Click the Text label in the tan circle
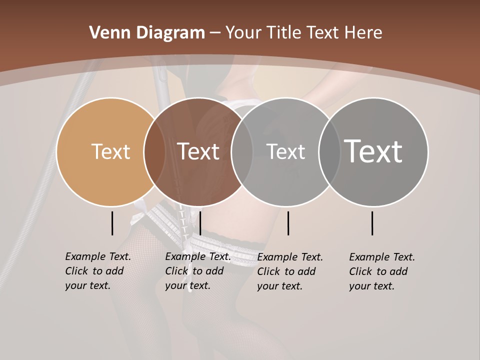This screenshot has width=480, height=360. tap(110, 151)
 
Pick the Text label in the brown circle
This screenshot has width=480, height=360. tap(198, 151)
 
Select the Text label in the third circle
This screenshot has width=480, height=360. tap(285, 151)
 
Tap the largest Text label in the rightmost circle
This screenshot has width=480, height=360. tap(373, 151)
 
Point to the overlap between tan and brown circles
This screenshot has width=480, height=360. tap(154, 151)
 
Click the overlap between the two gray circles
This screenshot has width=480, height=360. tap(329, 151)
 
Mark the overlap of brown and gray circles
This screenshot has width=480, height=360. tap(242, 151)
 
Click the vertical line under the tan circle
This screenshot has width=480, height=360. tap(112, 223)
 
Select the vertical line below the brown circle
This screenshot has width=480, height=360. tap(200, 223)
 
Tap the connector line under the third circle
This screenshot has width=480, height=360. tap(288, 223)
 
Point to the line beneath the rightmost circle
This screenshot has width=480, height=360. tap(372, 223)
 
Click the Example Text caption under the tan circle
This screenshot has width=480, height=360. tap(97, 271)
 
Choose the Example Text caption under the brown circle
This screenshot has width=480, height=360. tap(197, 271)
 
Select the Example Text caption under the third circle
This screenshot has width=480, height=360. tap(289, 271)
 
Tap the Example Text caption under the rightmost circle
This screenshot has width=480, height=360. tap(381, 271)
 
